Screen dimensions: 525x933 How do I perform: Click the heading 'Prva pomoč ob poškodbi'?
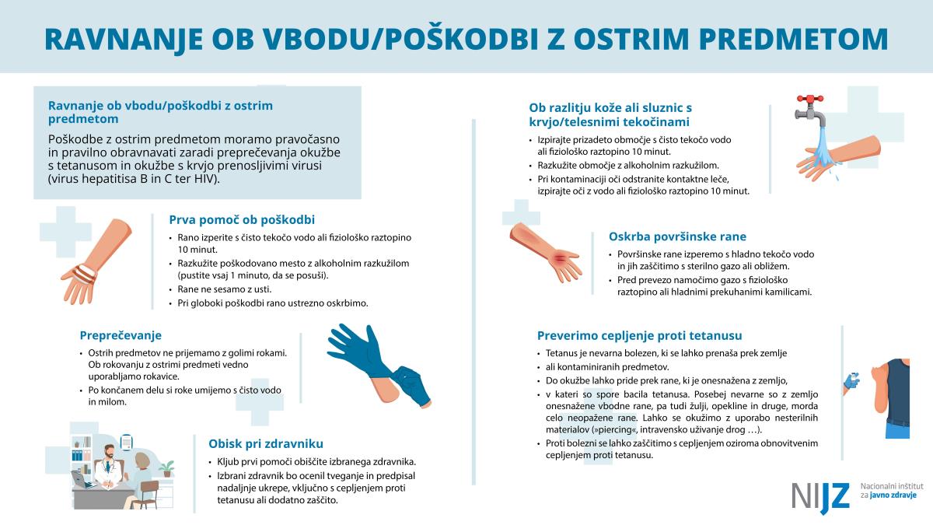click(242, 220)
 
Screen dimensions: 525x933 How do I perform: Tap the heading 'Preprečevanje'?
click(121, 336)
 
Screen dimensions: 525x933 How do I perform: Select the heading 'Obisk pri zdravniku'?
click(265, 444)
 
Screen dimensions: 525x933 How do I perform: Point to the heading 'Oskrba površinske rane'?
click(677, 236)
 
